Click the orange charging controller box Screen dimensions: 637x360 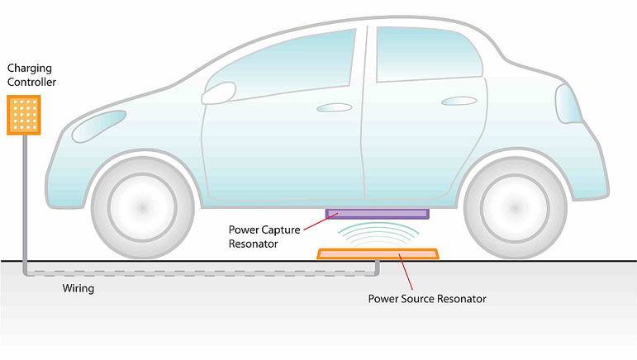click(24, 115)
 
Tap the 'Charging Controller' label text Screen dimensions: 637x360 click(31, 75)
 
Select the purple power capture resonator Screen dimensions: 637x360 click(378, 214)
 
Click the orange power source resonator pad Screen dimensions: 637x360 click(378, 254)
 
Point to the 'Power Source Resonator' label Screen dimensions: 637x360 click(427, 299)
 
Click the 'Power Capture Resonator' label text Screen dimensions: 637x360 click(264, 237)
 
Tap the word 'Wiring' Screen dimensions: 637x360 click(78, 288)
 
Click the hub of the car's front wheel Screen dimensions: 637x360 click(142, 207)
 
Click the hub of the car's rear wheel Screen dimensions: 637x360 click(515, 208)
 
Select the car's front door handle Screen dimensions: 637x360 click(335, 107)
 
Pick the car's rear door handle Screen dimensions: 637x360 click(459, 101)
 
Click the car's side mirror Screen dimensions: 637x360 click(219, 93)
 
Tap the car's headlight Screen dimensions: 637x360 click(98, 126)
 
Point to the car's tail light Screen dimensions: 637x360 click(568, 104)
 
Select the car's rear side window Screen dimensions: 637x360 click(429, 54)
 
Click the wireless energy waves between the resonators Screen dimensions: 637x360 click(378, 234)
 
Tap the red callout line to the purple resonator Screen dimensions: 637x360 click(321, 221)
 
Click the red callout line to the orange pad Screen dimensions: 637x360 click(406, 272)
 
